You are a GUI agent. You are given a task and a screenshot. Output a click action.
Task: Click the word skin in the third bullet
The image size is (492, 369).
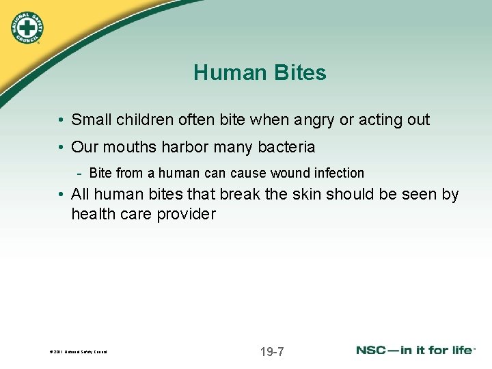pos(303,195)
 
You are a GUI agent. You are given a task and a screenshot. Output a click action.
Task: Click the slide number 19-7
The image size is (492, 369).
pos(272,352)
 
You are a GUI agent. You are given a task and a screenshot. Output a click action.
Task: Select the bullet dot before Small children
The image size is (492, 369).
pos(61,120)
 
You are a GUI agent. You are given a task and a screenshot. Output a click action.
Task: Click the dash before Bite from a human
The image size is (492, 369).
pos(81,173)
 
